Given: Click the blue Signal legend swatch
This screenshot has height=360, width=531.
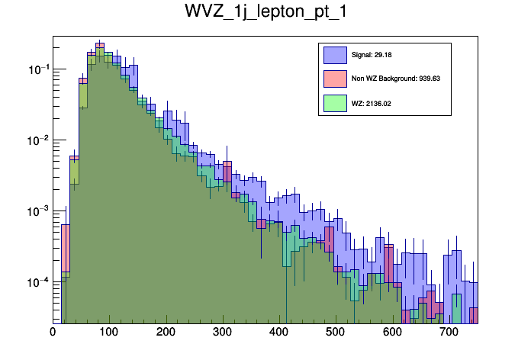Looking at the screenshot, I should (335, 55).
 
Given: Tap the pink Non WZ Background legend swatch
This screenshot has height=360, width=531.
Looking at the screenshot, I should (335, 79).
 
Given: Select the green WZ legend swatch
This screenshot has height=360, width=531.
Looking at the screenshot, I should (335, 102).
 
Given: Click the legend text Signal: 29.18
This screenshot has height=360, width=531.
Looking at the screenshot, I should (372, 55).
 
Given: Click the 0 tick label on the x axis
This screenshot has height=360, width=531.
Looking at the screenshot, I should (53, 332).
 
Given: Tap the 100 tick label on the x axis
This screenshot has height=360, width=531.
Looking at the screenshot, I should (109, 332).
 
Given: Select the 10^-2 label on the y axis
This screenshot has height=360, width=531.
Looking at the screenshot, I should (37, 141).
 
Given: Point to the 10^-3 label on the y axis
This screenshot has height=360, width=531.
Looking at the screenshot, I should (37, 211).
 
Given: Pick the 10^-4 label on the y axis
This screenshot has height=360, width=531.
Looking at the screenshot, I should (37, 282).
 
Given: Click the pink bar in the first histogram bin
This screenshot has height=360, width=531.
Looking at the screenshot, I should (66, 252).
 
